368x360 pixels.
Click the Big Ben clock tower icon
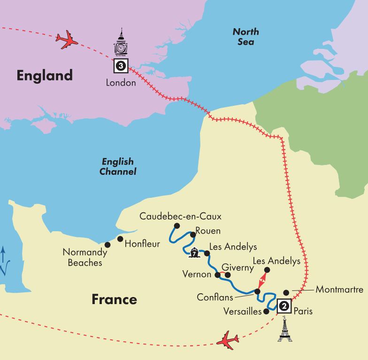[x=121, y=43]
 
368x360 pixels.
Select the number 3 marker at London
[x=121, y=66]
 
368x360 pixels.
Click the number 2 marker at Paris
[x=284, y=306]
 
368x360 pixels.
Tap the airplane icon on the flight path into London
[x=67, y=40]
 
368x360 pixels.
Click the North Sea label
[x=246, y=37]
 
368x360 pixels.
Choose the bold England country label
[x=45, y=75]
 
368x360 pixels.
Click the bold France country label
[x=114, y=299]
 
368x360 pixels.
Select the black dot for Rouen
[x=192, y=235]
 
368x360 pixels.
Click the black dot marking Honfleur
[x=120, y=239]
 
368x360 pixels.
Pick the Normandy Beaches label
[x=85, y=258]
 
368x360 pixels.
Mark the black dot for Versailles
[x=267, y=311]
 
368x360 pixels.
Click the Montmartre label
[x=339, y=290]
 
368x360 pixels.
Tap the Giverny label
[x=238, y=268]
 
